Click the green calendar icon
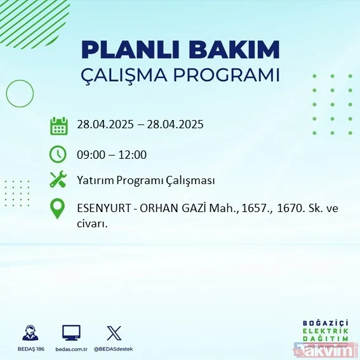[x=58, y=126]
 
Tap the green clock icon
[x=58, y=154]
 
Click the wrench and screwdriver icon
[x=58, y=180]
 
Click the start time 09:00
[x=93, y=154]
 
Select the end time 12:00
[x=133, y=154]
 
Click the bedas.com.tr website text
[x=71, y=349]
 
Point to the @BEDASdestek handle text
[x=115, y=349]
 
